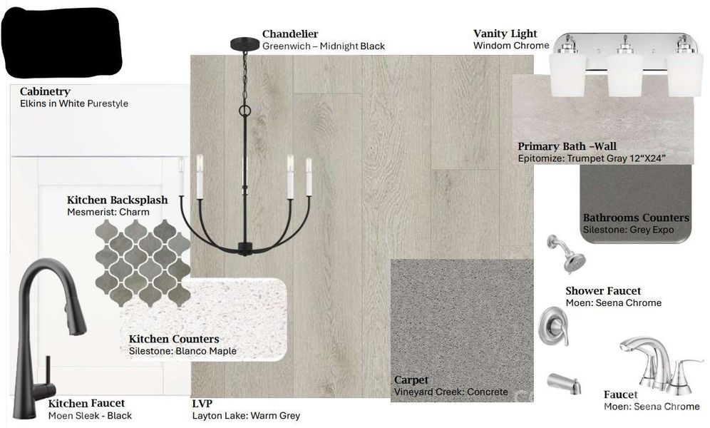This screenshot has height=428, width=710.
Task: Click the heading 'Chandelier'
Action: tap(290, 34)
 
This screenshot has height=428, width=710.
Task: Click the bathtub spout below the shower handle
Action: tap(564, 384)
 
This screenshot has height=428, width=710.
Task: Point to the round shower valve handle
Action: tap(553, 326)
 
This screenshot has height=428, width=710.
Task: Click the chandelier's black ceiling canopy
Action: tap(245, 44)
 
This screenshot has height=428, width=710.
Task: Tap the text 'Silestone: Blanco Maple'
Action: tap(182, 351)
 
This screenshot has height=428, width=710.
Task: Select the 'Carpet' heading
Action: tap(411, 380)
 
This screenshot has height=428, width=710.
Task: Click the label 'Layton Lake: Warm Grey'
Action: tap(246, 415)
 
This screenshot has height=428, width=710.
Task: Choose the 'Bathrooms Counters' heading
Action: tap(636, 218)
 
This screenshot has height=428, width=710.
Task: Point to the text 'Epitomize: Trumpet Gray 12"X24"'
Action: tap(592, 158)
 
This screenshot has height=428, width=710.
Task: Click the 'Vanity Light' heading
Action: tap(505, 34)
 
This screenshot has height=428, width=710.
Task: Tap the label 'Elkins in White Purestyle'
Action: tap(74, 103)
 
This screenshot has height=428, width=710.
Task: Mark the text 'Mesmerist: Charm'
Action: tap(108, 212)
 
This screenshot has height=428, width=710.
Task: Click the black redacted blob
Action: tap(62, 42)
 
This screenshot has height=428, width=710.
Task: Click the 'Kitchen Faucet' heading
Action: tap(86, 404)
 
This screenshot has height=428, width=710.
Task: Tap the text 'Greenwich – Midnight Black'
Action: tap(324, 46)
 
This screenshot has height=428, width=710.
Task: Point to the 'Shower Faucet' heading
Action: tap(603, 291)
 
